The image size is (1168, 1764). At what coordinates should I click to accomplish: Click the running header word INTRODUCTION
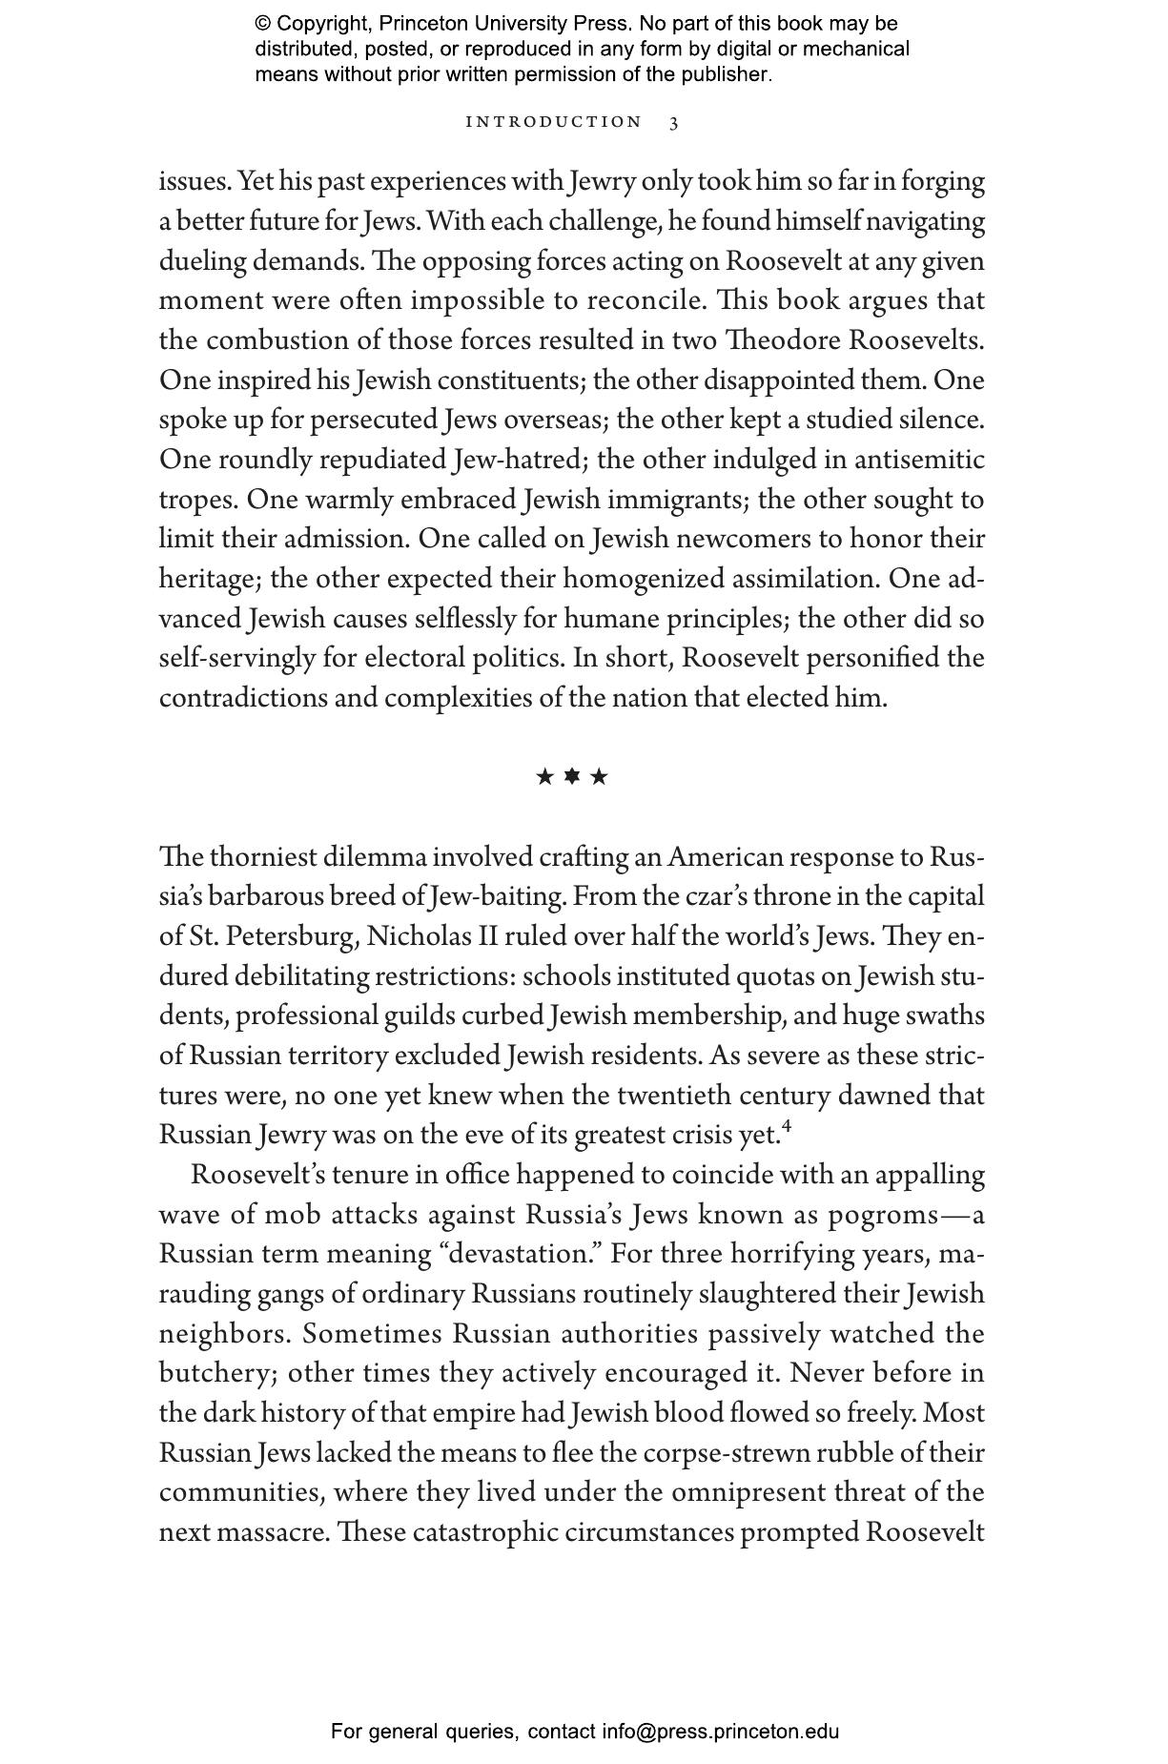pyautogui.click(x=554, y=122)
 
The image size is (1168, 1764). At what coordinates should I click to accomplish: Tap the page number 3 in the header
pyautogui.click(x=674, y=123)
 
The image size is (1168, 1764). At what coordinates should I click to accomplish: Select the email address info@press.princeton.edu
pyautogui.click(x=720, y=1732)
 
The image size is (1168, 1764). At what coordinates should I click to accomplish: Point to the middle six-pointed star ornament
pyautogui.click(x=572, y=776)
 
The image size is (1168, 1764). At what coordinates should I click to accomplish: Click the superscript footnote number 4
pyautogui.click(x=787, y=1128)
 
